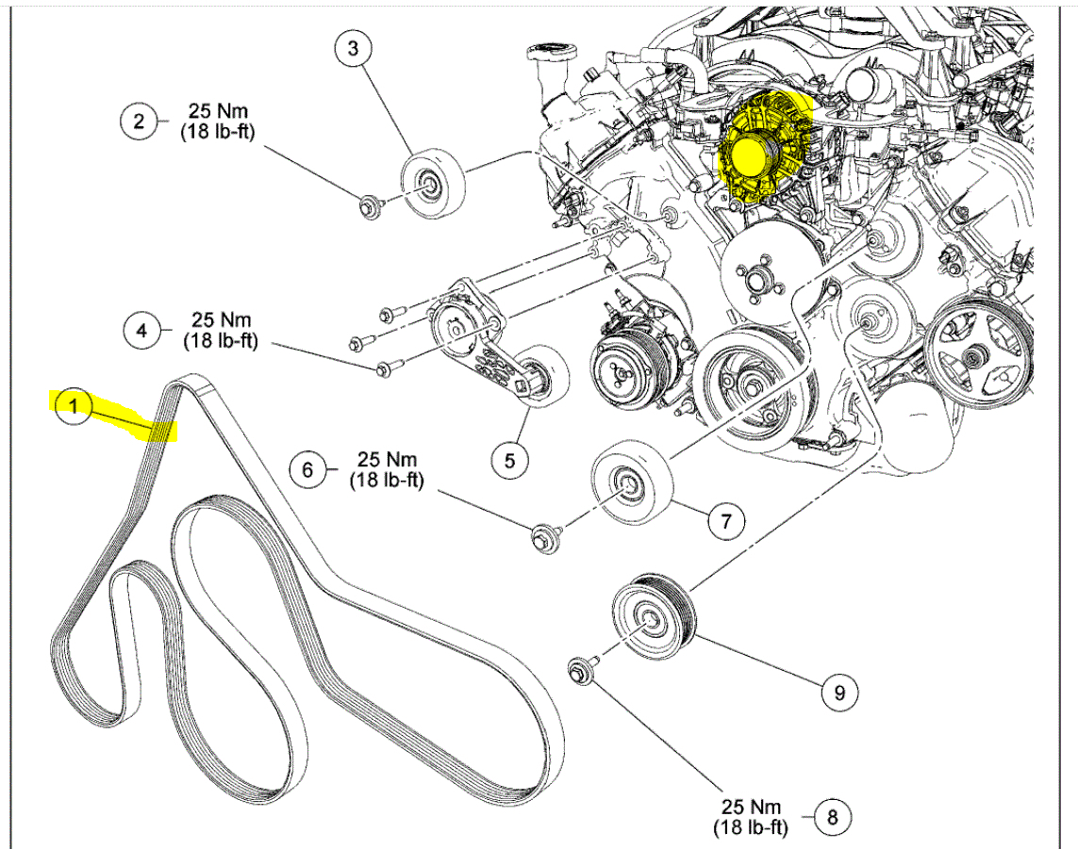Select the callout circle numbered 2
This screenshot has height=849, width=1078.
coord(139,121)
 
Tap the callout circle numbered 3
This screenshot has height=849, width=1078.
coord(354,50)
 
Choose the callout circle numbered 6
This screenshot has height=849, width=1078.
coord(307,468)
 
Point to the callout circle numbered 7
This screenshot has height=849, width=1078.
coord(725,520)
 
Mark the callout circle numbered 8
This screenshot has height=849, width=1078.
coord(831,816)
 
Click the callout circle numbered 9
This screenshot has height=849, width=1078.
coord(838,694)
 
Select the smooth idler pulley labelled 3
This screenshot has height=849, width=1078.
coord(433,183)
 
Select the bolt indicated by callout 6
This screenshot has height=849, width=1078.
coord(542,540)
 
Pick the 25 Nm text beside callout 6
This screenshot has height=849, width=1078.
coord(387,460)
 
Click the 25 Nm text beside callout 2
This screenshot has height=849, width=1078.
coord(218,111)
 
